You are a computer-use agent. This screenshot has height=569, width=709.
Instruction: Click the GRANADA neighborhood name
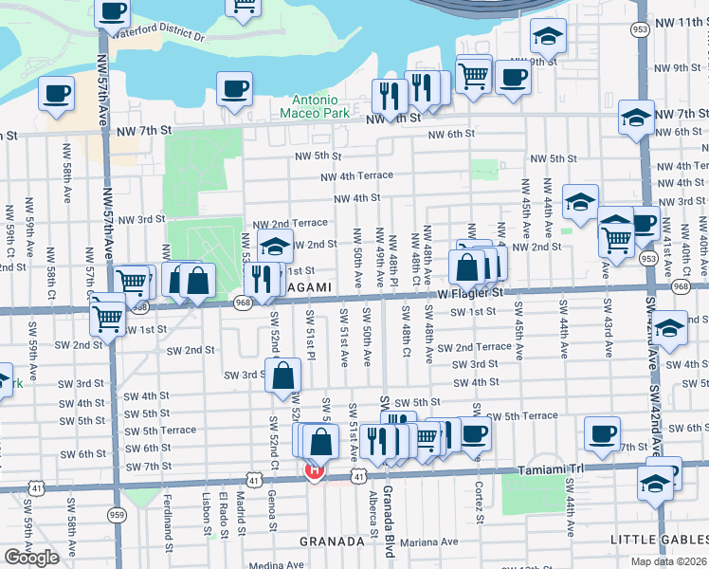332,541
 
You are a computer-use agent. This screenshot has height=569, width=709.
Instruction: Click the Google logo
31,557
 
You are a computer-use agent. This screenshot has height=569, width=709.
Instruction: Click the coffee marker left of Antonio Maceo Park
233,90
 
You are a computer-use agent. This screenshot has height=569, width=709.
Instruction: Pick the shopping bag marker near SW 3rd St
283,376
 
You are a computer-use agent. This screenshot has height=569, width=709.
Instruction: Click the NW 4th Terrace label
356,176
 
